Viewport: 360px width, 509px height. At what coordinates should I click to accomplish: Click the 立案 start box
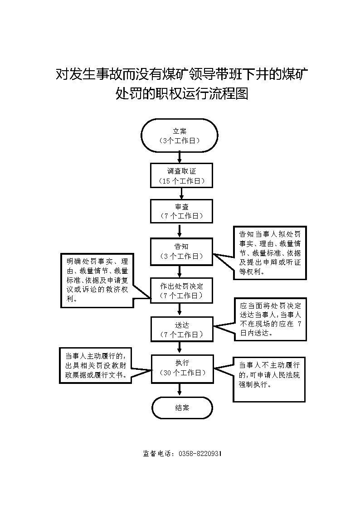[180, 135]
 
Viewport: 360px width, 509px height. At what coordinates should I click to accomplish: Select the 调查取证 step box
[181, 175]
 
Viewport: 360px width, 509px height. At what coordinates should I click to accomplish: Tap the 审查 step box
[181, 211]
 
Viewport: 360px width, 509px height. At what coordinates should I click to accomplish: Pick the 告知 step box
[181, 251]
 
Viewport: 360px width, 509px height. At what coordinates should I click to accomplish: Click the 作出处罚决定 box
[181, 290]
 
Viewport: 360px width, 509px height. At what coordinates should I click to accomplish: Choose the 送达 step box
[181, 329]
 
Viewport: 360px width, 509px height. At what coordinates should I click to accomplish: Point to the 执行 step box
[181, 368]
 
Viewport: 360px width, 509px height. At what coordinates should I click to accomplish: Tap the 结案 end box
[182, 407]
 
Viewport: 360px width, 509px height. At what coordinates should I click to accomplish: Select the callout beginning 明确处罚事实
[97, 281]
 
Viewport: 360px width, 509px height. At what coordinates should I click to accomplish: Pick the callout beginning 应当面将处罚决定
[269, 319]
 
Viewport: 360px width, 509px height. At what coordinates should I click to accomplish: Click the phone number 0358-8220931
[200, 454]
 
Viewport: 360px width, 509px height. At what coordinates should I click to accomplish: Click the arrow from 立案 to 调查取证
[180, 157]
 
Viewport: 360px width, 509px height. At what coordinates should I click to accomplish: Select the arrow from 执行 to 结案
[181, 389]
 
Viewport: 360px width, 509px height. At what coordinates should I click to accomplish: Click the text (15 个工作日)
[181, 181]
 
